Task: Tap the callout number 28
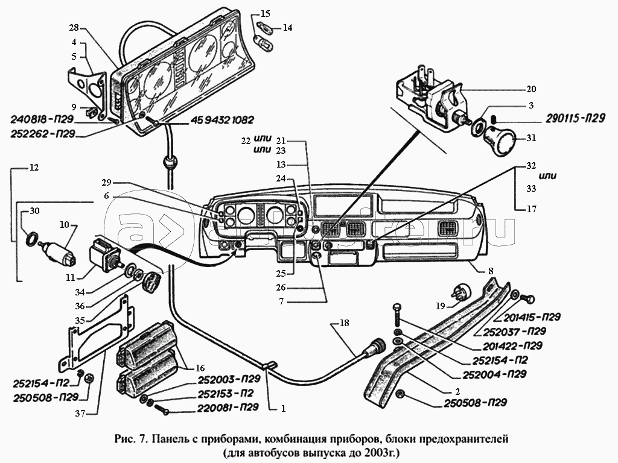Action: point(74,28)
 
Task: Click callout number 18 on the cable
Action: point(344,324)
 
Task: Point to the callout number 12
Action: point(34,168)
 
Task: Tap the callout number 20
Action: point(531,89)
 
